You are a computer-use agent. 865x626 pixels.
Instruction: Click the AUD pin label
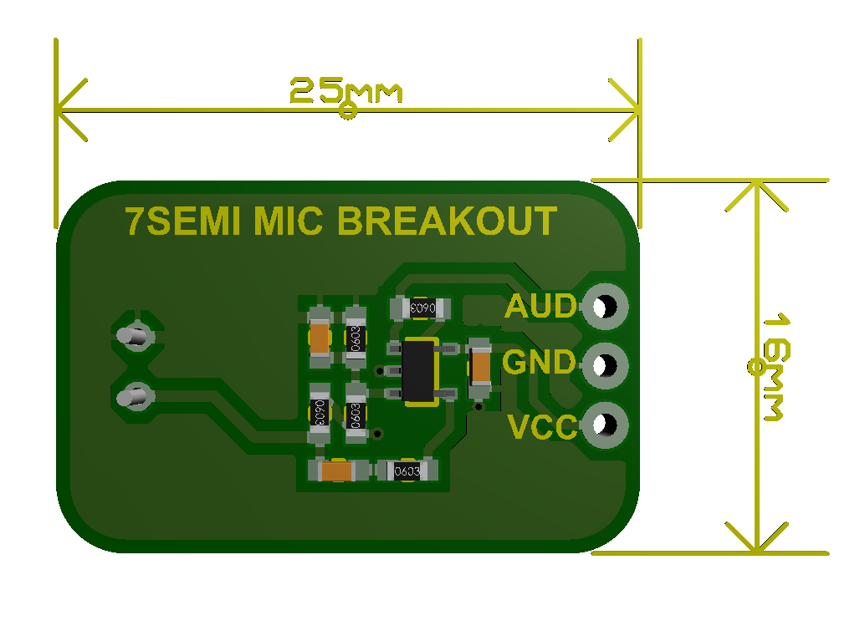coord(541,308)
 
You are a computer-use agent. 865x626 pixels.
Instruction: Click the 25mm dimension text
coord(345,91)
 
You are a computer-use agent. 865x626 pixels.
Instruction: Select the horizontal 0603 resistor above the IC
coord(421,308)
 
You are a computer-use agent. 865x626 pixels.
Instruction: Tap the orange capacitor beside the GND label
coord(480,366)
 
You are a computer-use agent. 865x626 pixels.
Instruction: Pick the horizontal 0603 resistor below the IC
coord(407,471)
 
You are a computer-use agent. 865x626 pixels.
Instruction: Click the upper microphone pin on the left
coord(134,336)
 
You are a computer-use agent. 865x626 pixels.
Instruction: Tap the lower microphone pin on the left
coord(134,397)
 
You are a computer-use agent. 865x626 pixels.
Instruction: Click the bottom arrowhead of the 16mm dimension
coord(756,543)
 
